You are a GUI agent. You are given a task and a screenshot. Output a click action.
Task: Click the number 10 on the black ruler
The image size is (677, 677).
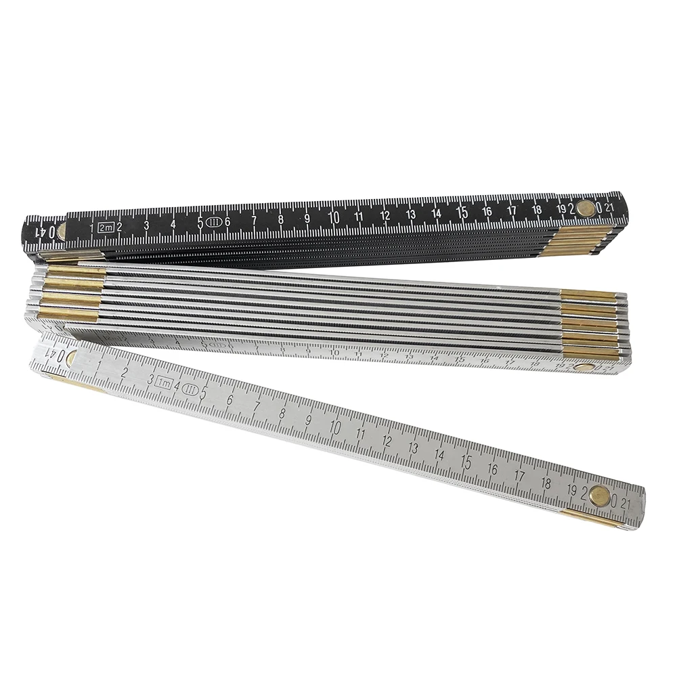pos(333,218)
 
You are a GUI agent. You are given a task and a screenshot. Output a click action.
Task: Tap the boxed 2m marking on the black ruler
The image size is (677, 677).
pos(105,227)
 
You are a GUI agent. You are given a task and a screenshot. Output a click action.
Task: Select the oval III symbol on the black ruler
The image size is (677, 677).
pos(214,222)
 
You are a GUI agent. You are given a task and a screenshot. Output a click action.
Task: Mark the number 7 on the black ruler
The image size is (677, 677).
pos(254,221)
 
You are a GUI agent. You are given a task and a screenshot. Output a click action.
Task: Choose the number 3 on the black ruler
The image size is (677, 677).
pos(146,226)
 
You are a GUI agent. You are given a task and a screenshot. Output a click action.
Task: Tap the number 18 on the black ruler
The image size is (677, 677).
pos(537,209)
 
